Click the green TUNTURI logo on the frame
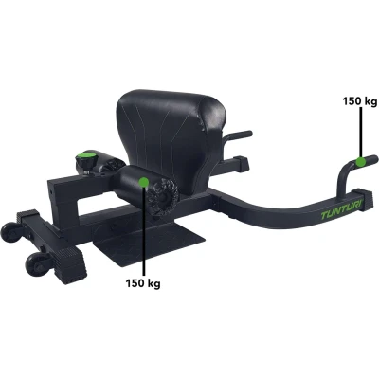(x=343, y=211)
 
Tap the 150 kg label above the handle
(x=360, y=101)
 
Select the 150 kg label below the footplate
(x=143, y=283)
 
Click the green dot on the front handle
(x=360, y=161)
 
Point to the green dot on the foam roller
(x=144, y=182)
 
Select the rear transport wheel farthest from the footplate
(x=10, y=233)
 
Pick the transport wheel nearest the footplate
(x=37, y=262)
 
